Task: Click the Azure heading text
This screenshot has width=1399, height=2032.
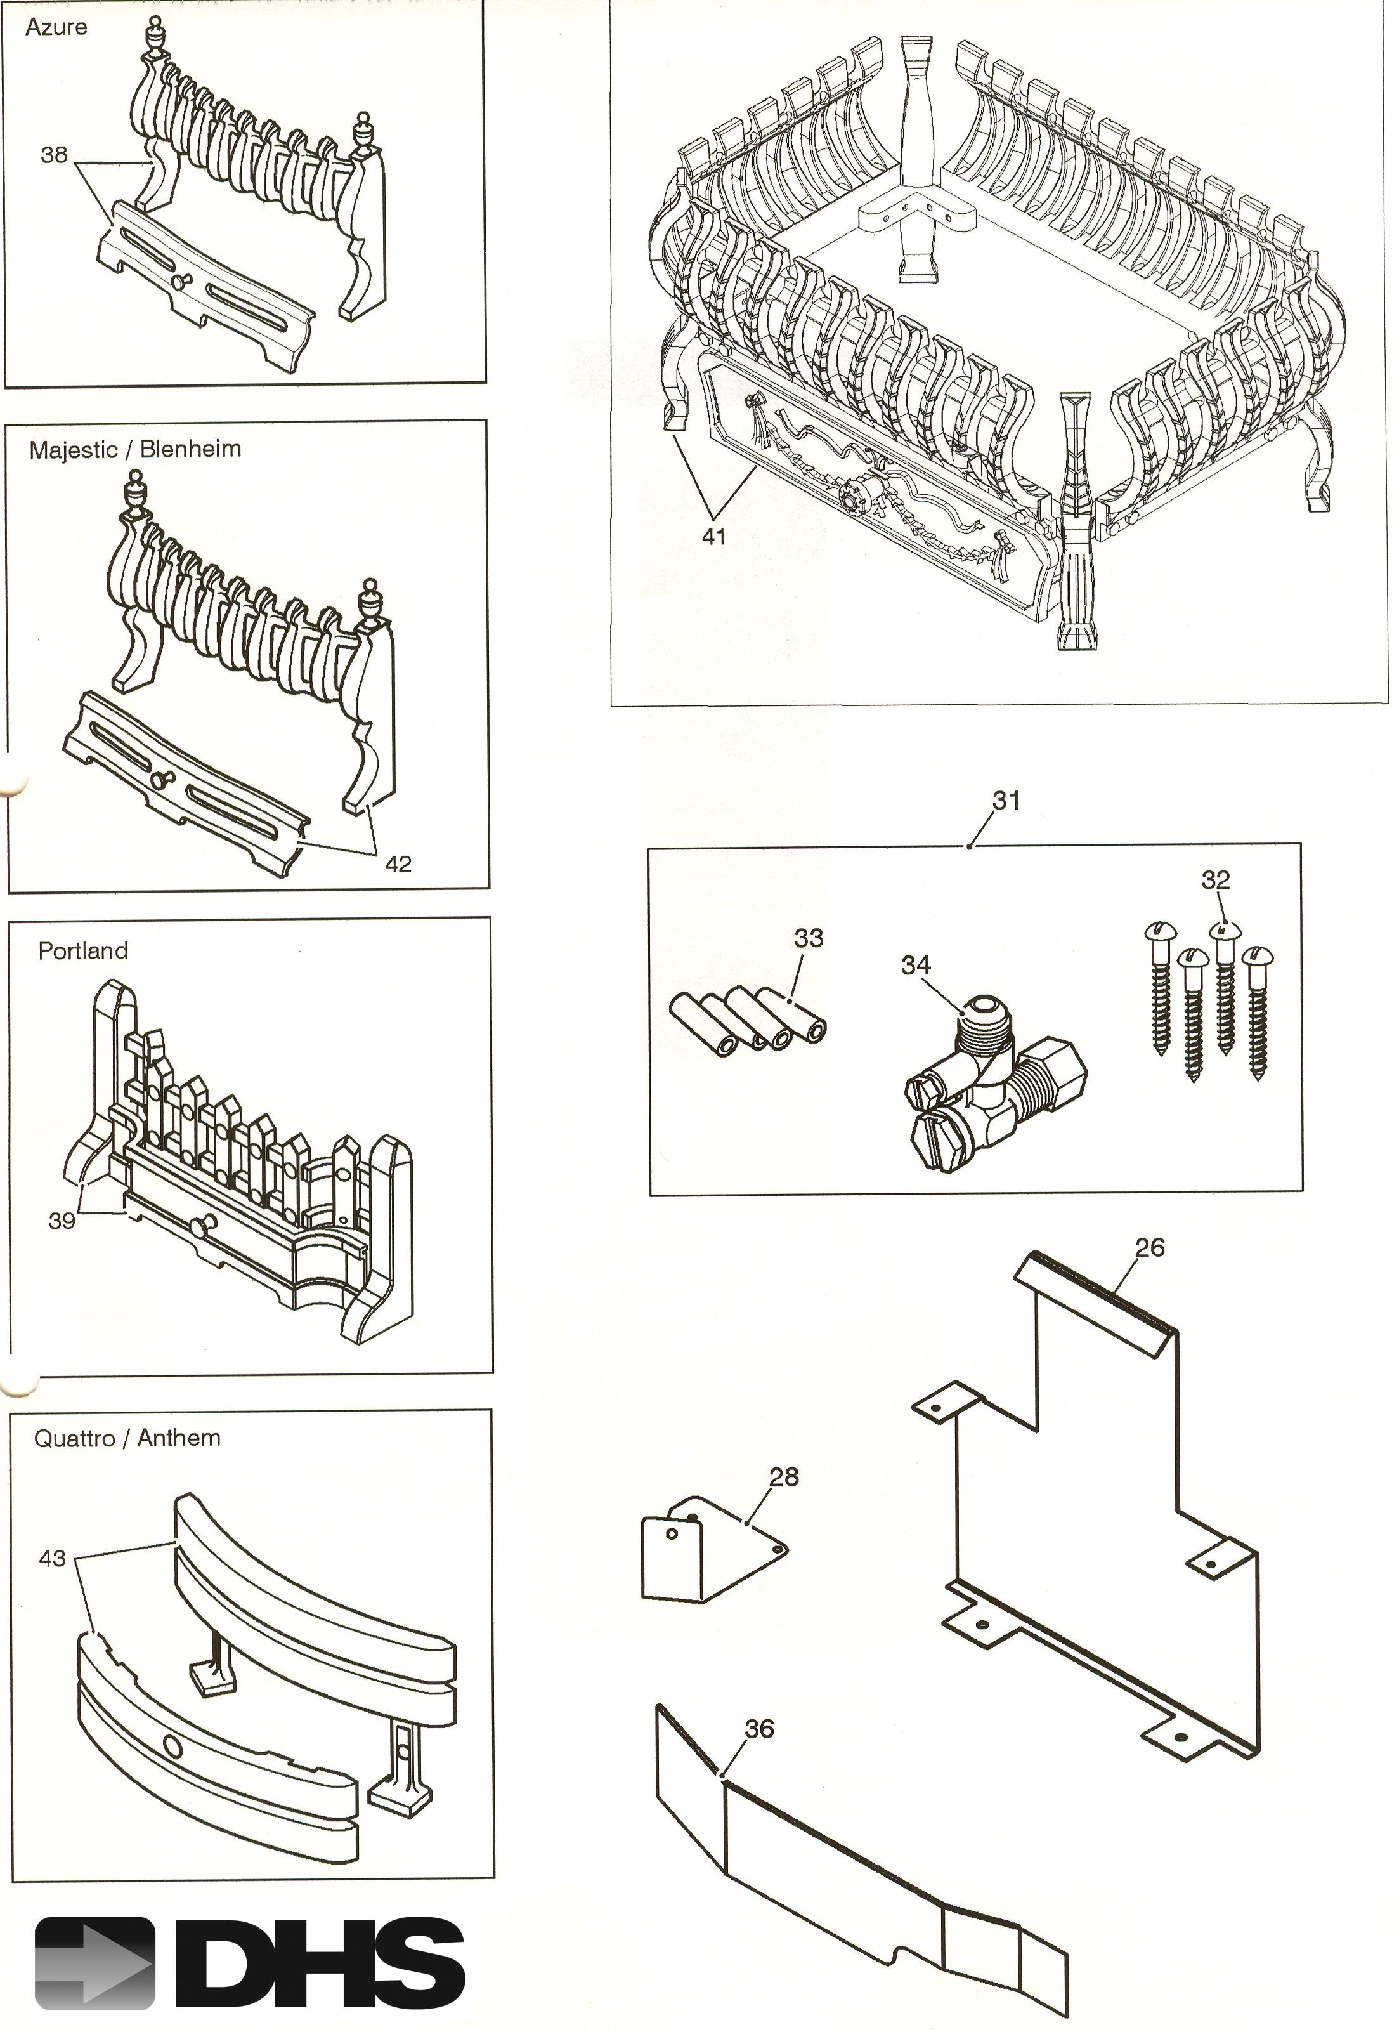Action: pos(56,27)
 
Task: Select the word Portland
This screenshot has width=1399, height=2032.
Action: pos(83,950)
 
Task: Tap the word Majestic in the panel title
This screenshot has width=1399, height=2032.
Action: pos(73,450)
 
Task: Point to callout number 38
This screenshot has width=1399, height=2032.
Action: pos(53,155)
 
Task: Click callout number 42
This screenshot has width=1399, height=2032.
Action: pos(398,864)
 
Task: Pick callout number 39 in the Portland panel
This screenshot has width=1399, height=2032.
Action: pos(62,1221)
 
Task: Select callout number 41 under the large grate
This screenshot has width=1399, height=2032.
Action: pos(714,537)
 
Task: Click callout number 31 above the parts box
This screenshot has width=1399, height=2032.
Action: pos(1006,801)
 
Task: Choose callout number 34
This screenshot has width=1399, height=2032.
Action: pos(915,965)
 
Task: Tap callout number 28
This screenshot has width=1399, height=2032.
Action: pos(784,1477)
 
